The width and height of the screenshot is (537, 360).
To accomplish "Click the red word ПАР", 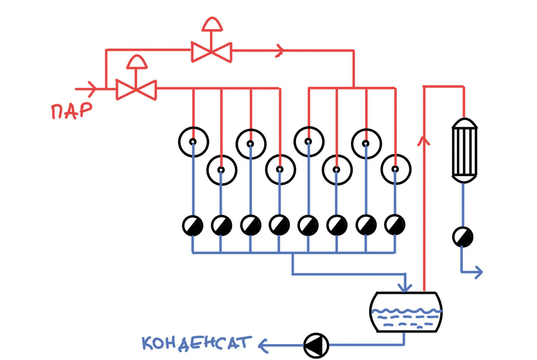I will (x=71, y=111).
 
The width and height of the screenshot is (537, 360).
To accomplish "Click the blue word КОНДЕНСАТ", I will (x=195, y=343).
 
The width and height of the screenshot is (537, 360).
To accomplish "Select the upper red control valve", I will (x=211, y=52).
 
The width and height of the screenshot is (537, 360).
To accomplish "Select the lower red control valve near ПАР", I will (x=136, y=89).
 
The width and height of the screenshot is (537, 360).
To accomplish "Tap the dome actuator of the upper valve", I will (x=212, y=24).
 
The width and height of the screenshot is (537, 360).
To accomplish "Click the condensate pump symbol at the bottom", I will (x=316, y=345).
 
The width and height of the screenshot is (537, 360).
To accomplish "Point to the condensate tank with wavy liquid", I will (x=405, y=312).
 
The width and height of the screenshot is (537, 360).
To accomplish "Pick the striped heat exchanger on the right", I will (x=464, y=150).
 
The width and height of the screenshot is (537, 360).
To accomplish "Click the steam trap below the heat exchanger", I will (x=462, y=237).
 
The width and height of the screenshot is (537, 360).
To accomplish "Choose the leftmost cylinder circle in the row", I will (x=193, y=142).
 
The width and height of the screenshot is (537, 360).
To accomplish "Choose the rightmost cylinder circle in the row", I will (x=395, y=169).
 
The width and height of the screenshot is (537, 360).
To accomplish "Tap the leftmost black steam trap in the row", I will (x=193, y=225).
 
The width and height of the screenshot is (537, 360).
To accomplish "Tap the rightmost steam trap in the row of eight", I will (x=395, y=225).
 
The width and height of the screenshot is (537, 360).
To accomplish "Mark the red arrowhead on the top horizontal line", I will (x=280, y=51).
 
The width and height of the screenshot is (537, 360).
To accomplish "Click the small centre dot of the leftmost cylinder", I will (x=193, y=142).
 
